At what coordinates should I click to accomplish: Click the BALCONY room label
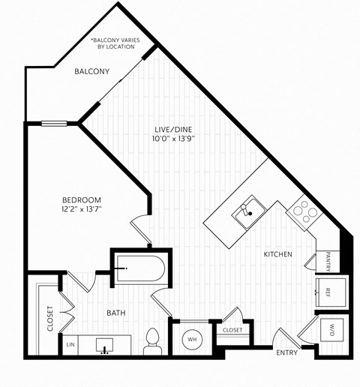click(92, 72)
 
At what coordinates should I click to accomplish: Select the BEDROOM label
click(81, 199)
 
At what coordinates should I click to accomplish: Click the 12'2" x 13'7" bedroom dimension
click(81, 209)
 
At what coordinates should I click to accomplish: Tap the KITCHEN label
click(277, 255)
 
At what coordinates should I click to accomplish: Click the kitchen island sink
click(245, 214)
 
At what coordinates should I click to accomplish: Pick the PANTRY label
click(328, 260)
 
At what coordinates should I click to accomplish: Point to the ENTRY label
click(286, 352)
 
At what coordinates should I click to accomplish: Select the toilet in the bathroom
click(153, 341)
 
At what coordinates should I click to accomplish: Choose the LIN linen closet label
click(70, 345)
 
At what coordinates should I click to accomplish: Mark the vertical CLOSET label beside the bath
click(50, 318)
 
